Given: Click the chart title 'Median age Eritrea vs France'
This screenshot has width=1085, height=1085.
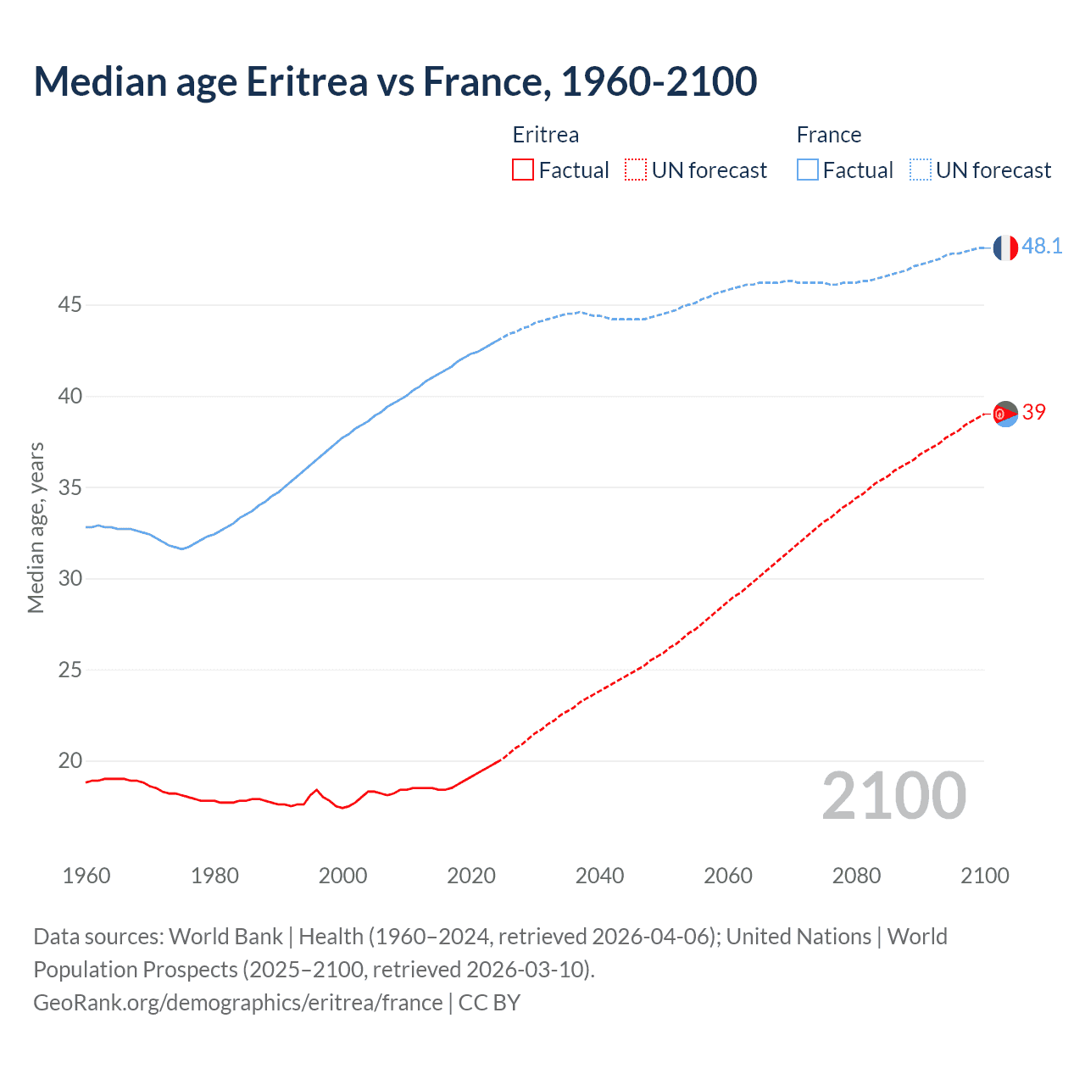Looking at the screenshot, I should [x=394, y=82].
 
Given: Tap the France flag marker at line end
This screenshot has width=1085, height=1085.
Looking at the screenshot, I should [x=1005, y=248].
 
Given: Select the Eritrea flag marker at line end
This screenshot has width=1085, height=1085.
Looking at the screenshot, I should [x=1005, y=414].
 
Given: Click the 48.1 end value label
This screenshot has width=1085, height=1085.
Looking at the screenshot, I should [x=1042, y=247].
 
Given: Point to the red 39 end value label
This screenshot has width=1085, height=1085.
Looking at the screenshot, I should [x=1034, y=413].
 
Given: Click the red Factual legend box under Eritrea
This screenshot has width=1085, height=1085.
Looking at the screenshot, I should [x=523, y=170].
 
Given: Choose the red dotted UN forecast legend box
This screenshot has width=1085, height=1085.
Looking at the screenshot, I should [x=636, y=170].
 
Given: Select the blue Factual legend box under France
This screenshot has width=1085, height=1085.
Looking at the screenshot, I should [x=807, y=170].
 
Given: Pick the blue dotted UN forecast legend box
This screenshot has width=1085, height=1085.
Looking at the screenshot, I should [x=920, y=170].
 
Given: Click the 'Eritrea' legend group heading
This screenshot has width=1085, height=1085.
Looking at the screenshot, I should [x=546, y=136].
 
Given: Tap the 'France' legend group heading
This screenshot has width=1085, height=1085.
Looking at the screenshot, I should [x=828, y=136].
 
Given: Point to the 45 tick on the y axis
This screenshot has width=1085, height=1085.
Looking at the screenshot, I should [x=70, y=305].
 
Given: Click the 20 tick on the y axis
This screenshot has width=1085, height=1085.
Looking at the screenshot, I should [x=70, y=761].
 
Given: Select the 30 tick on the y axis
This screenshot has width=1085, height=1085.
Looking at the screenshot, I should [x=70, y=579].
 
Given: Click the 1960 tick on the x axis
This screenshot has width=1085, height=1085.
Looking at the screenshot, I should [x=86, y=876].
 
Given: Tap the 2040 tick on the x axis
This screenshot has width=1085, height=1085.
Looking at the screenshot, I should [x=599, y=876].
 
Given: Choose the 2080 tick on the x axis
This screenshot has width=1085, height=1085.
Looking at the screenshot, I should [x=856, y=876].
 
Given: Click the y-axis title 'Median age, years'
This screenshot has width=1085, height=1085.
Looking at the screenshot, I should [x=36, y=527].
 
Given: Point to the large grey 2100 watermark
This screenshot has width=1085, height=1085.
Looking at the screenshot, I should [x=893, y=796].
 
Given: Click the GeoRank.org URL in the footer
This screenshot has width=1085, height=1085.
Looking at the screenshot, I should [x=238, y=1003].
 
